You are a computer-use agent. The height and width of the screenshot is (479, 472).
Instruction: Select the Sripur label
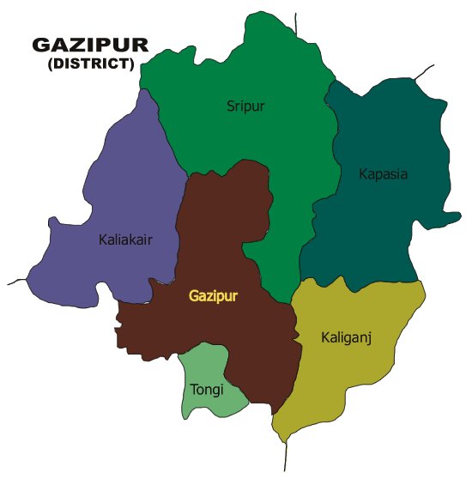pos(245,106)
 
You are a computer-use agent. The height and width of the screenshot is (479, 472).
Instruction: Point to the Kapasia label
pos(383,174)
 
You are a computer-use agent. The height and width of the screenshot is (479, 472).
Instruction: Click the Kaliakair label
pos(125,240)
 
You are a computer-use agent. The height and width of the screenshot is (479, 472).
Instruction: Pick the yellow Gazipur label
pos(213,296)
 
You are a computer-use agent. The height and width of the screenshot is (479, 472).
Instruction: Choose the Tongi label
pos(206,390)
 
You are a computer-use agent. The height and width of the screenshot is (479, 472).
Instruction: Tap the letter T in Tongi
pos(192,390)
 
